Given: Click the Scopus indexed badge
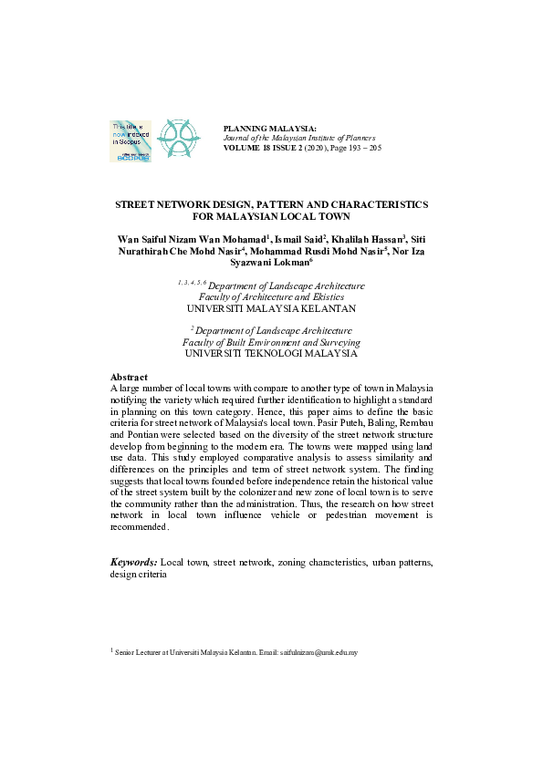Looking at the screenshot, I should pyautogui.click(x=131, y=140).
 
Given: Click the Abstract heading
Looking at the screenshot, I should pyautogui.click(x=130, y=377).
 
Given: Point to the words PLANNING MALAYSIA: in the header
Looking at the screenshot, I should pyautogui.click(x=270, y=129).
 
